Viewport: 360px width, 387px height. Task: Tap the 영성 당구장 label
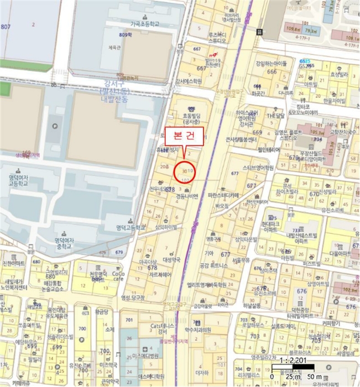pyautogui.click(x=132, y=297)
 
